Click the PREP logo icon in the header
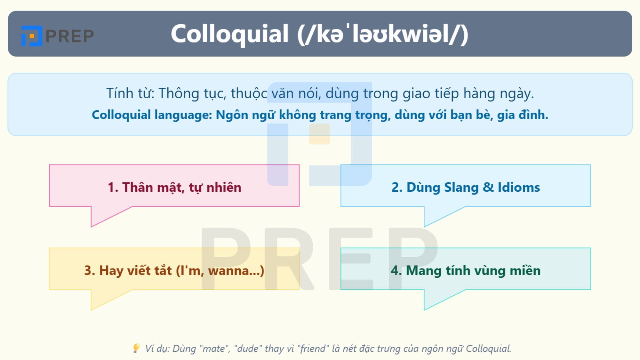(x=31, y=36)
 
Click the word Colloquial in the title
(x=229, y=34)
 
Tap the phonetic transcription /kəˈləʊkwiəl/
(x=383, y=34)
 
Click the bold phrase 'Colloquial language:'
(x=152, y=115)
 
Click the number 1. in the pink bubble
(x=113, y=187)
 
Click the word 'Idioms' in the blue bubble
(x=519, y=187)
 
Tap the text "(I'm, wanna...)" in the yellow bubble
(x=220, y=271)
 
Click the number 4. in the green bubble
(x=396, y=271)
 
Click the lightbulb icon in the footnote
(x=136, y=348)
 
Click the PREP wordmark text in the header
(x=70, y=36)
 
